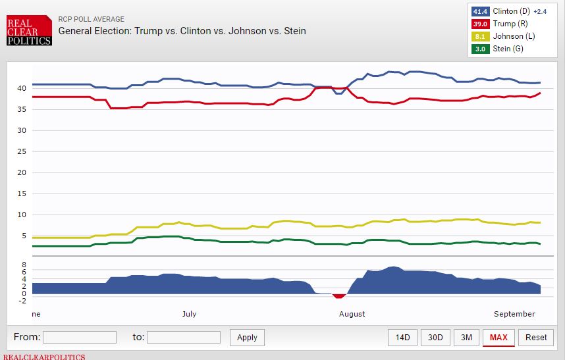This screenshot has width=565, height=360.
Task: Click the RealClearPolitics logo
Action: coord(28,32)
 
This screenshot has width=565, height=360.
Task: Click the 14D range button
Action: coord(402,338)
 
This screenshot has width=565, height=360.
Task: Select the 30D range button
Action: coord(435,338)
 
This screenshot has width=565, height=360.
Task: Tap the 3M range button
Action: coord(466,338)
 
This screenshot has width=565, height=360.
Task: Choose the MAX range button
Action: coord(498,338)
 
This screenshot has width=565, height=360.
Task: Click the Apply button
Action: coord(247,338)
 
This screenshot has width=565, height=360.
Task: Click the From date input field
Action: coord(80,337)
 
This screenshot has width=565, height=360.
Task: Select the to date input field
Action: coord(184,337)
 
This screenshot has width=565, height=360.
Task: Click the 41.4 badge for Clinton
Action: coord(479,11)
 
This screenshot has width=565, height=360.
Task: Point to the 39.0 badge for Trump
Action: coord(479,24)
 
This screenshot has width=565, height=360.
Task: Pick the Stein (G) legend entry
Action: coord(507,49)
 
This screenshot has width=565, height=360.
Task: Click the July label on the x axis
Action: coord(189,314)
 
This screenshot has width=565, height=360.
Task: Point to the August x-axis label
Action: coord(352,314)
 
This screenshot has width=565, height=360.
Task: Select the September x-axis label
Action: coord(514,314)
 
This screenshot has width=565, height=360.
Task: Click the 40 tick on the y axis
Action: coord(21,88)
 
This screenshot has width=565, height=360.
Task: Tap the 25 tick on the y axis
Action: coord(21,151)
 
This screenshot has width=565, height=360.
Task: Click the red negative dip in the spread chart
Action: coord(339,296)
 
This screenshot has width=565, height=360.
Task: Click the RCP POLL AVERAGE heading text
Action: coord(92,20)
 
